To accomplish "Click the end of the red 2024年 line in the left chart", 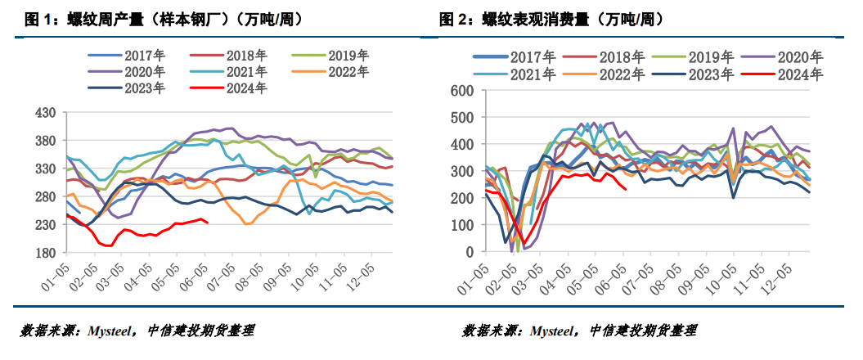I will pyautogui.click(x=208, y=223).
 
